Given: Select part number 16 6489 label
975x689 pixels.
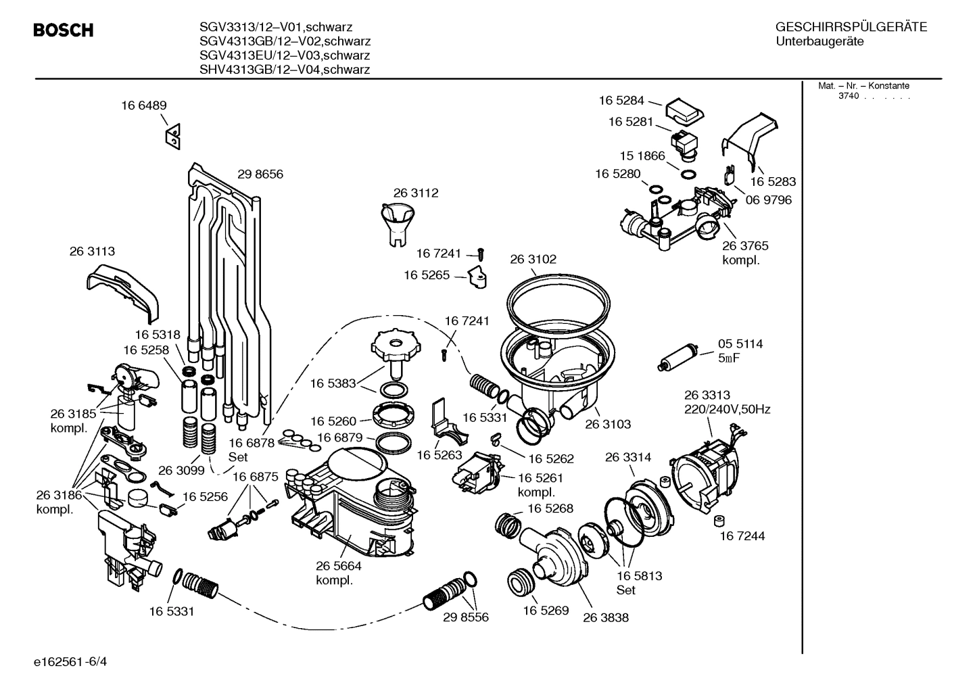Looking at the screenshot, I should (144, 105).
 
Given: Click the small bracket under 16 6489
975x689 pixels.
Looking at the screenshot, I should (172, 137).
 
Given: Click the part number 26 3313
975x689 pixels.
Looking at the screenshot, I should (707, 395).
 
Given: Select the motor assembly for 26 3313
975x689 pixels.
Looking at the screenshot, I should (703, 466).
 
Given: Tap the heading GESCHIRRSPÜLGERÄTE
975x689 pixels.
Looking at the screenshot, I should (851, 28).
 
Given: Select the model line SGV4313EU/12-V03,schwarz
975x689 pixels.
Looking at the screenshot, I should (285, 55).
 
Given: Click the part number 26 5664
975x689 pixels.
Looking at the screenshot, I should (338, 566).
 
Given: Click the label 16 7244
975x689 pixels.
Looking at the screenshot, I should (742, 536).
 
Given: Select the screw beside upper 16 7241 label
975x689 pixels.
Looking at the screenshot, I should (481, 254).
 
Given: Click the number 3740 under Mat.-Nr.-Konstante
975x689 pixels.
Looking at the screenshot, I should (848, 96).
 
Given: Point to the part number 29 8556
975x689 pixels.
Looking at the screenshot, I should (465, 617).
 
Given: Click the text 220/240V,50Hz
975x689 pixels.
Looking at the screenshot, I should (727, 409).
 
